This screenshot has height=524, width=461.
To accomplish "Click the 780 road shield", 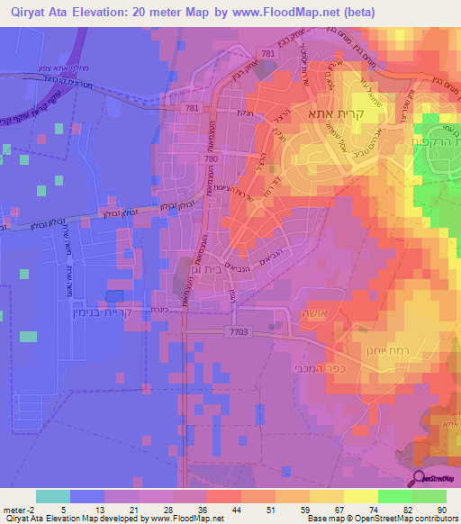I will (x=209, y=159).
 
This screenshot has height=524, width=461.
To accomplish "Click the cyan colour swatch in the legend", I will (x=52, y=496).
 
